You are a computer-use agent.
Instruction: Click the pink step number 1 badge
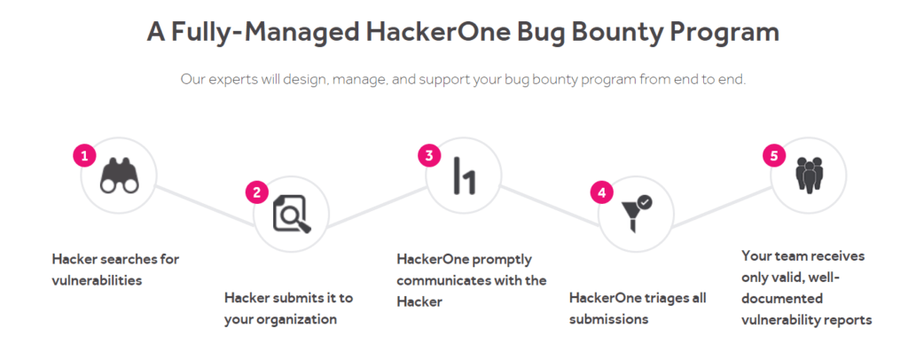85,155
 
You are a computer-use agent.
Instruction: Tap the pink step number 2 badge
257,192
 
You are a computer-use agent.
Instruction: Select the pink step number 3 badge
429,155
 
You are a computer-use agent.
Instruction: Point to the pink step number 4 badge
602,192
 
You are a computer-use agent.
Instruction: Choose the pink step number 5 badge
774,155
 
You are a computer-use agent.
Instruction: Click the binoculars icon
120,176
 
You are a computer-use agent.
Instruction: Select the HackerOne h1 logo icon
465,176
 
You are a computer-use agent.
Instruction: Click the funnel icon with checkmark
637,213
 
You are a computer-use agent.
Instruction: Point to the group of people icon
809,175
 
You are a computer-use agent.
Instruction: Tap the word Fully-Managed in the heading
263,33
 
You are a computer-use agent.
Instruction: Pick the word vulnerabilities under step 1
97,280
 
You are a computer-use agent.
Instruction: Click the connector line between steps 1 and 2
206,204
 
